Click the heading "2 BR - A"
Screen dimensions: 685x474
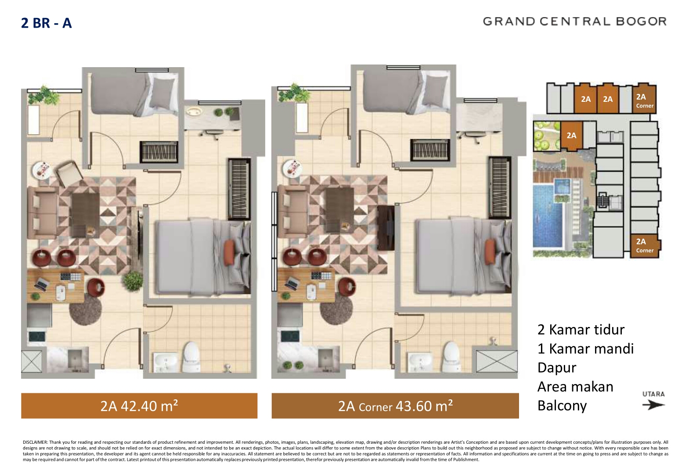point(46,23)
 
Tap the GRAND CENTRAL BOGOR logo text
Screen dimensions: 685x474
point(575,22)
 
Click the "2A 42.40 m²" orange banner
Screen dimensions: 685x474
point(139,406)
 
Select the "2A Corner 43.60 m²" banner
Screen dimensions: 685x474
point(395,406)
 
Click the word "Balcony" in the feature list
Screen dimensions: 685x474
point(562,406)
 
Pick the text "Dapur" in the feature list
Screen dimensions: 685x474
point(557,368)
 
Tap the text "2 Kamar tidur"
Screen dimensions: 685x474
point(581,330)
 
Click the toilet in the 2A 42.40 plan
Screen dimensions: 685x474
point(191,357)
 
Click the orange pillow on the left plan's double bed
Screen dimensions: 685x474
point(229,252)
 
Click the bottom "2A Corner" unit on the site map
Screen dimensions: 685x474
point(645,246)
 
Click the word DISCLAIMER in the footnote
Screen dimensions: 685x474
point(35,442)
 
